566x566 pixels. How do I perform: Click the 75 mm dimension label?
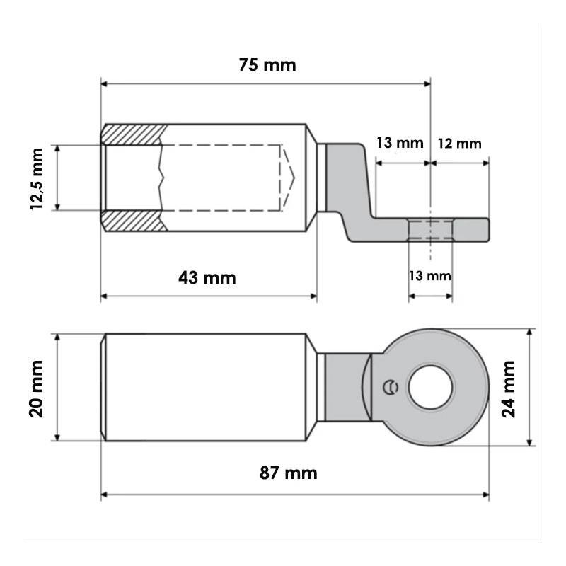[267, 65]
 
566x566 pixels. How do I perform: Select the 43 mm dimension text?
[207, 277]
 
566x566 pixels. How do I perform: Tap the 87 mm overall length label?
[289, 473]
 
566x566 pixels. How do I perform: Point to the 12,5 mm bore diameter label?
[37, 179]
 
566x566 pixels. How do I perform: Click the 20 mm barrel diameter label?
[36, 388]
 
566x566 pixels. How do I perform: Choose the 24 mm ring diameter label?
[509, 389]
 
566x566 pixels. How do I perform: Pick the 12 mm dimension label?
[460, 144]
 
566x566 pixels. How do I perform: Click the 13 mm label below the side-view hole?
[430, 276]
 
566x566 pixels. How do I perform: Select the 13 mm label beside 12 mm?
[400, 143]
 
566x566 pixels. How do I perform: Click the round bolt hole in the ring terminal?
[431, 387]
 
